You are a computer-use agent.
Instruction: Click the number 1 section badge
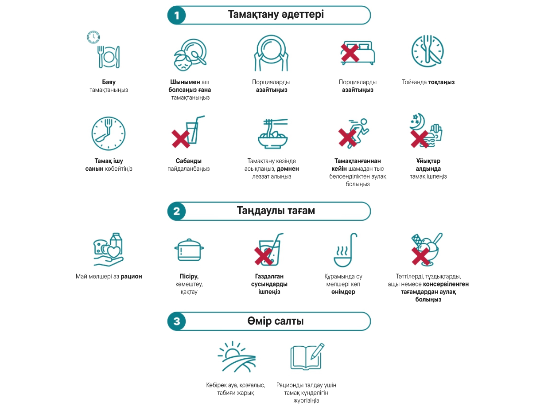[x=177, y=16]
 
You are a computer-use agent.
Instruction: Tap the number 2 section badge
[x=177, y=211]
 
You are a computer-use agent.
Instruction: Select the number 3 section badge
[x=177, y=321]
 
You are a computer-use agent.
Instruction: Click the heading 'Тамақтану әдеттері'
[x=276, y=15]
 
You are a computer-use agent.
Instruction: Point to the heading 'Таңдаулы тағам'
[x=276, y=211]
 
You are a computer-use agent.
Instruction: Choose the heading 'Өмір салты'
[x=276, y=321]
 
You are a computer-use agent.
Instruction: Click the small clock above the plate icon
[x=93, y=37]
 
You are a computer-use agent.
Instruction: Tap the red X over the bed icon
[x=350, y=52]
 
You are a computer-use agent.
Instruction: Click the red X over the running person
[x=347, y=137]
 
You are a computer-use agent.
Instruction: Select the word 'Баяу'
[x=109, y=82]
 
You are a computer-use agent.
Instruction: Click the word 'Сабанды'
[x=189, y=161]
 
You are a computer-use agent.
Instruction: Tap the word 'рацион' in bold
[x=131, y=276]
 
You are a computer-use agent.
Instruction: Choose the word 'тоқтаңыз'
[x=441, y=82]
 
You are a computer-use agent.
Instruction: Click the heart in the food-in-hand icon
[x=114, y=252]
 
